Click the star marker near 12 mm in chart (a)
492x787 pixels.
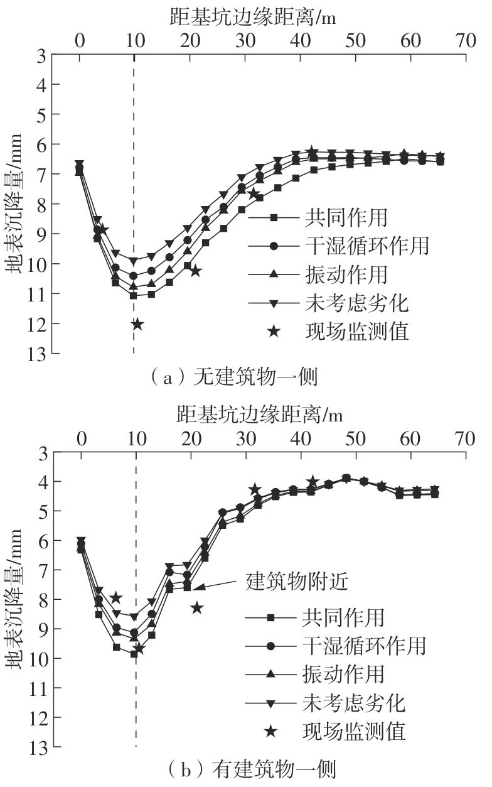coord(137,324)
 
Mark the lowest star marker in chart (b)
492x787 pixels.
coord(139,648)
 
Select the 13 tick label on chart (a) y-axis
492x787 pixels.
coord(36,354)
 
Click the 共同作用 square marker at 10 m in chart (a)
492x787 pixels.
coord(134,295)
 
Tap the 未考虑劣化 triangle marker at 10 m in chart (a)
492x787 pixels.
coord(134,261)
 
